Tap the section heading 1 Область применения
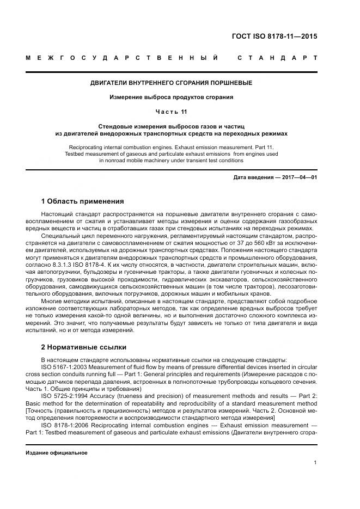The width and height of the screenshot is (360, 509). point(83,201)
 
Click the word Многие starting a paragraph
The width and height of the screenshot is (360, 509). point(52,301)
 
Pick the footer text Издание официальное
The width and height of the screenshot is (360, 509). point(56,452)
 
